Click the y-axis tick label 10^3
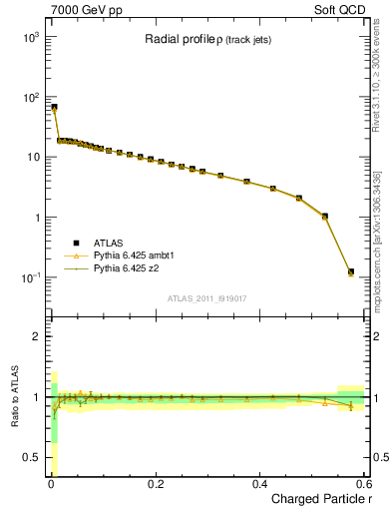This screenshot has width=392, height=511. click(x=29, y=37)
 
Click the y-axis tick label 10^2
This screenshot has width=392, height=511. click(x=29, y=97)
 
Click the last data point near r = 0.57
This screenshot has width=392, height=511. click(x=350, y=271)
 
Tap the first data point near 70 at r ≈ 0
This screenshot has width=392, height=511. click(x=54, y=107)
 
